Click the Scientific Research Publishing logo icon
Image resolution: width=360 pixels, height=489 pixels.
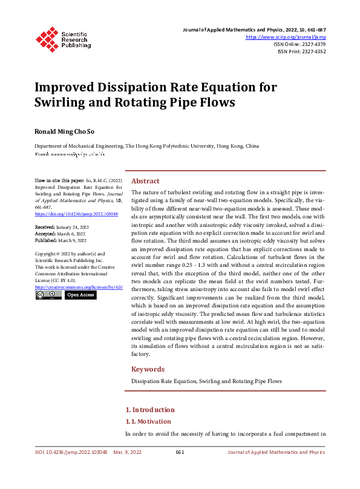[47, 38]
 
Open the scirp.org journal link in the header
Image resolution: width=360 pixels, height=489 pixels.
[286, 37]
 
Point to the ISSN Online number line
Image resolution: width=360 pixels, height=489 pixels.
[299, 44]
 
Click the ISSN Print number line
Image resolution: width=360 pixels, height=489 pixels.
[301, 51]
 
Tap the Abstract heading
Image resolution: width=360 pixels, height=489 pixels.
[145, 181]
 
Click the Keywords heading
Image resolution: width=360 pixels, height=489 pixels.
[148, 369]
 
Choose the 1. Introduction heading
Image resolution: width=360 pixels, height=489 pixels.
[149, 410]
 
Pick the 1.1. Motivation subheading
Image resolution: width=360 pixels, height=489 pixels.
[148, 421]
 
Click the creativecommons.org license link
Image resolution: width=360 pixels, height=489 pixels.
[79, 287]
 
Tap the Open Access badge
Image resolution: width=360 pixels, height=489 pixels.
[80, 295]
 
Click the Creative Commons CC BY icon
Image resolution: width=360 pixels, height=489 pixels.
[48, 295]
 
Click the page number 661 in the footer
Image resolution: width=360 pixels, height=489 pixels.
[180, 452]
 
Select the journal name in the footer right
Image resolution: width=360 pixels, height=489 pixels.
[276, 452]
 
